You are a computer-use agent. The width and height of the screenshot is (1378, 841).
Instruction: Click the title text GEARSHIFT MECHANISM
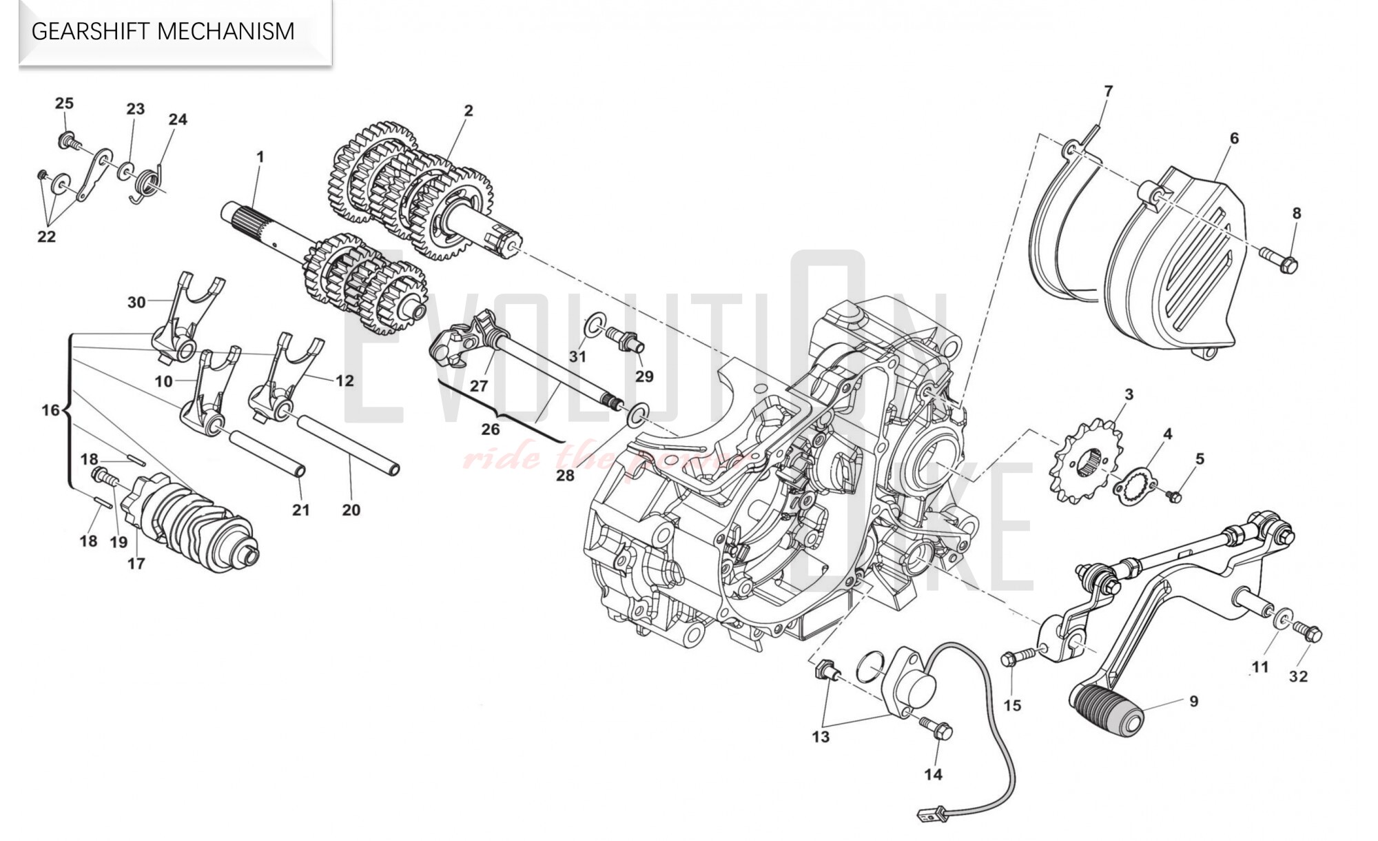[x=163, y=32]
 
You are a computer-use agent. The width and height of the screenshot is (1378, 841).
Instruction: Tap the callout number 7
[x=1108, y=91]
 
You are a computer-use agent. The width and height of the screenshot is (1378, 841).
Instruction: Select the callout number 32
[x=1298, y=676]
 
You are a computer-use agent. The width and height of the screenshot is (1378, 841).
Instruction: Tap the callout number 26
[x=490, y=429]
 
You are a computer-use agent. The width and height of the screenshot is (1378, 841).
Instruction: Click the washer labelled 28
[x=637, y=413]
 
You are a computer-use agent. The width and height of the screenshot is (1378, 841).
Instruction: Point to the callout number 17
[x=136, y=563]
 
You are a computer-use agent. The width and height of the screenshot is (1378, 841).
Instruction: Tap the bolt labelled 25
[x=69, y=141]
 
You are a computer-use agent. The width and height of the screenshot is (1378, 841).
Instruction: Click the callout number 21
[x=300, y=510]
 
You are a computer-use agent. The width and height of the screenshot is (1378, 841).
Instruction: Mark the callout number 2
[x=469, y=110]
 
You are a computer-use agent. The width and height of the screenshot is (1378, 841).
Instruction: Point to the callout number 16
[x=50, y=411]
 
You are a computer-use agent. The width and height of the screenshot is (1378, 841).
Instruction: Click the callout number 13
[x=820, y=737]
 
